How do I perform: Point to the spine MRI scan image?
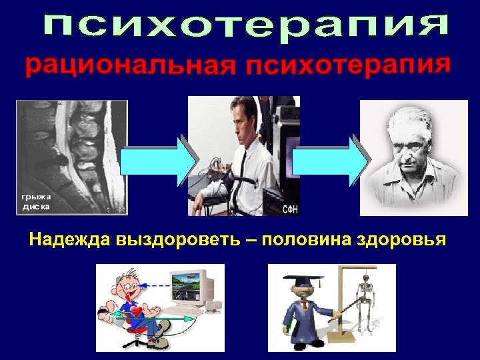(71, 157)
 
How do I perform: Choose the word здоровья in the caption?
(407, 239)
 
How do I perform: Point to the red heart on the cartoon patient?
(137, 312)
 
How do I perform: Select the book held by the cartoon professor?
(289, 327)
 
